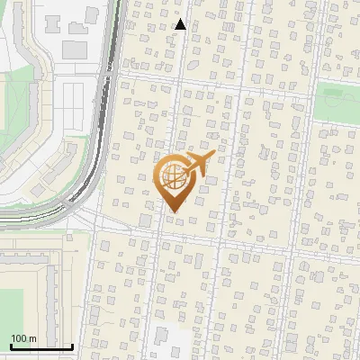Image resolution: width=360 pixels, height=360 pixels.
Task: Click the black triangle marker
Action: [x=180, y=24]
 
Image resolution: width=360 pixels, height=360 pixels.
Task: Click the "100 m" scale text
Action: [x=23, y=338]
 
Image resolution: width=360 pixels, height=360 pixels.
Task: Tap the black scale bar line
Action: [x=41, y=346]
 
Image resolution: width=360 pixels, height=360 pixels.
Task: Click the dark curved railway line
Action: [x=101, y=135]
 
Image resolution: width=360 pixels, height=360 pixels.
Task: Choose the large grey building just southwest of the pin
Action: [x=145, y=220]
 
